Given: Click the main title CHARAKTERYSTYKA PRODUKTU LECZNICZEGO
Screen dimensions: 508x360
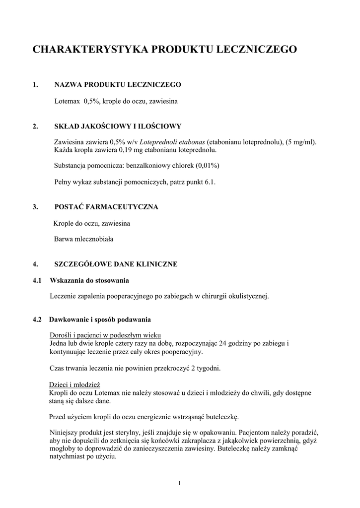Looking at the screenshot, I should [165, 49].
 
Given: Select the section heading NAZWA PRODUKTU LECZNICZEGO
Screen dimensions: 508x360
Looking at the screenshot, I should [118, 85].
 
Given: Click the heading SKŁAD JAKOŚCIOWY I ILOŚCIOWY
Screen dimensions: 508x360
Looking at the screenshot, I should [118, 126].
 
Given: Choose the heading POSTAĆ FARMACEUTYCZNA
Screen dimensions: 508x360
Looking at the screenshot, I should [106, 207].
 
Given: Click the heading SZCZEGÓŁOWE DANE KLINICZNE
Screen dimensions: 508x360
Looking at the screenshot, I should [116, 264].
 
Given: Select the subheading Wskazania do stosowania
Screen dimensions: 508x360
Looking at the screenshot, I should [89, 280].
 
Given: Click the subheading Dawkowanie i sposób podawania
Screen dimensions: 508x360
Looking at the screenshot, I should [100, 318].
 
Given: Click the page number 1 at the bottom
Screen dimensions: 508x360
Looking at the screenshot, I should [179, 484].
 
